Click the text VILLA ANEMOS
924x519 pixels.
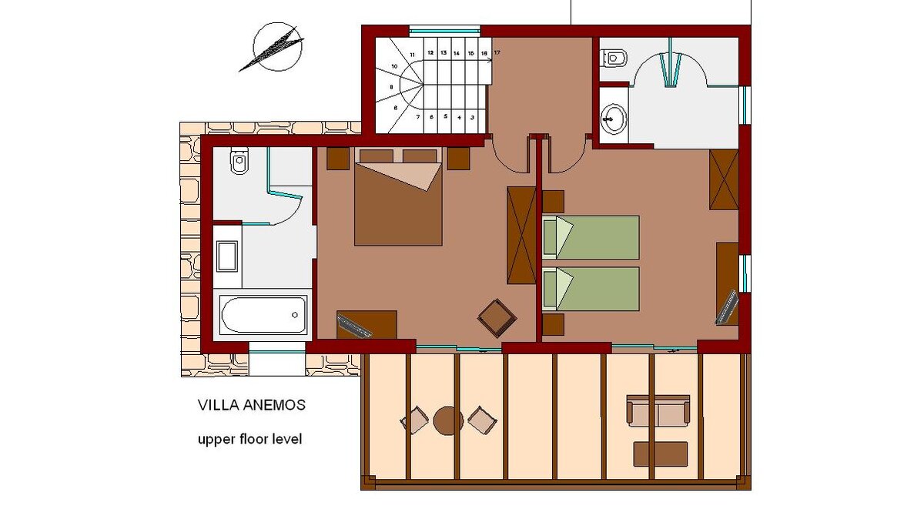pos(252,405)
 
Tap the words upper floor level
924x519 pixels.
pos(250,439)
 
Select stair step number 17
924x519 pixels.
pos(497,53)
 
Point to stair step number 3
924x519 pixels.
pos(472,118)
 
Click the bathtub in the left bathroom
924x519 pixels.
pos(263,314)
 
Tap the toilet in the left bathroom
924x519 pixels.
pos(239,160)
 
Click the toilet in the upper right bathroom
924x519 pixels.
pos(614,59)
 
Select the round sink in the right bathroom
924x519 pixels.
pos(614,119)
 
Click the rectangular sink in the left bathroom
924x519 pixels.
pos(227,256)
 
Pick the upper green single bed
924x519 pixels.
pos(591,238)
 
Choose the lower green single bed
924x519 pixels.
pos(591,289)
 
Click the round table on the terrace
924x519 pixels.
pos(448,420)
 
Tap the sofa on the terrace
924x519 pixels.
pos(658,410)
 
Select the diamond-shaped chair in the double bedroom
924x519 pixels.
pos(497,319)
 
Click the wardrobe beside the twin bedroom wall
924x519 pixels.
pos(521,235)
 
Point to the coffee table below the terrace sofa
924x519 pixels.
pos(661,454)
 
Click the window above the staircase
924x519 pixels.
pos(445,31)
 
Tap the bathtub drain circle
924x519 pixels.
pos(294,315)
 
